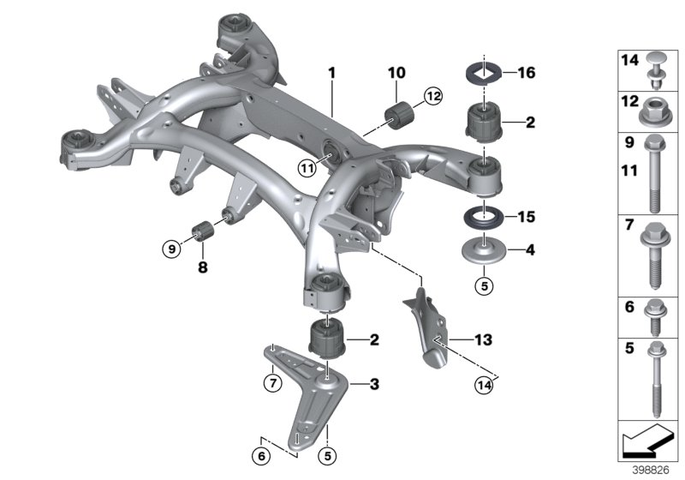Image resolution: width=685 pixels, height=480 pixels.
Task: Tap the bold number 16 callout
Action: point(526,73)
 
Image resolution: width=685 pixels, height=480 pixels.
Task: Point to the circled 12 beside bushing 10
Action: point(430,98)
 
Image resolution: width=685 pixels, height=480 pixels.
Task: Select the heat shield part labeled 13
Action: point(427,330)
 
